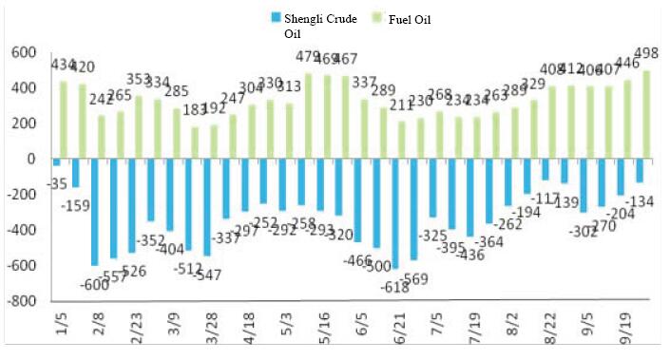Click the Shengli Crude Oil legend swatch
(277, 16)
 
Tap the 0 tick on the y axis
(28, 160)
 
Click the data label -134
(646, 200)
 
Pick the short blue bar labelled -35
(57, 162)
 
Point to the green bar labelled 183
(194, 142)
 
